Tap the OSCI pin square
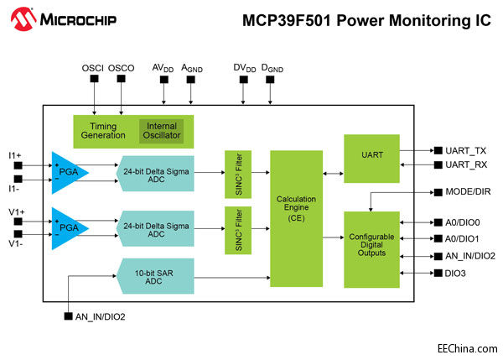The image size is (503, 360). coord(94,79)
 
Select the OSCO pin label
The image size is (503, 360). coord(121,66)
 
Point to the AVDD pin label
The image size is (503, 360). coord(163,66)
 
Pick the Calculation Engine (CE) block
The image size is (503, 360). coord(295,219)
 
